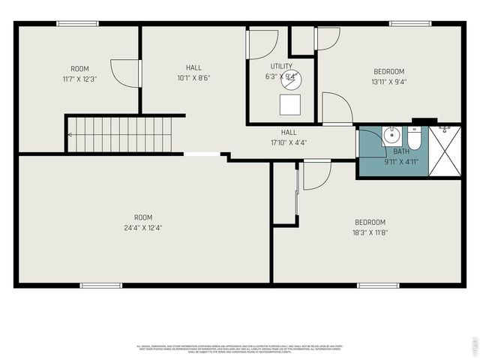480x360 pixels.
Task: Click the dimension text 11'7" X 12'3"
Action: [79, 78]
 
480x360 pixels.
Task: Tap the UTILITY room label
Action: [281, 67]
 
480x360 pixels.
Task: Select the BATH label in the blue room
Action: [390, 151]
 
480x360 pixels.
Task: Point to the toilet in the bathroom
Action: [415, 139]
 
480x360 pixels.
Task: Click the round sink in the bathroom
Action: [391, 136]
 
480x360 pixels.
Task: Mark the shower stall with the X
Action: [444, 151]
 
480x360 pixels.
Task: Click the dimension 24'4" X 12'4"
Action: [143, 227]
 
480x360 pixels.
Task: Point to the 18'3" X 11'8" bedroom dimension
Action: [370, 232]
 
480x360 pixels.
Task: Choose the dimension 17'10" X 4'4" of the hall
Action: [289, 142]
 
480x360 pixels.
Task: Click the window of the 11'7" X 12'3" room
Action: [78, 23]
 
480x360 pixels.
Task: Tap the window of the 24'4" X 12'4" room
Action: [101, 285]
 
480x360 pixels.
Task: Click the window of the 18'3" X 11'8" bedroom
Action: [377, 285]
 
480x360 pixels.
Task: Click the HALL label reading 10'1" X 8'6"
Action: [193, 72]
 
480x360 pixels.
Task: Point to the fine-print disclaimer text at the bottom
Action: [238, 349]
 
